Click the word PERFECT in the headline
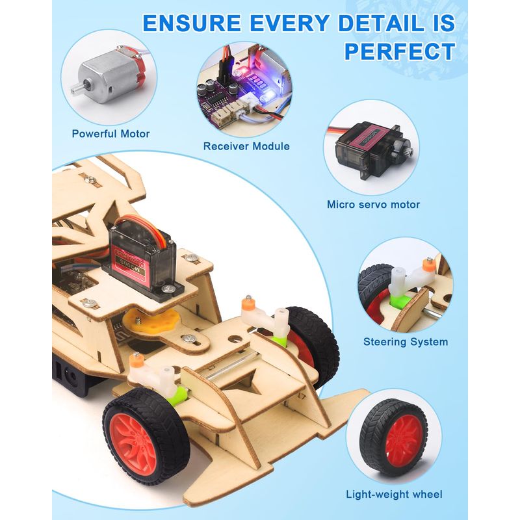click(x=400, y=51)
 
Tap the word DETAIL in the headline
click(x=381, y=23)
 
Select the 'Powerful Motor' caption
click(x=110, y=134)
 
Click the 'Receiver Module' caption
click(x=246, y=146)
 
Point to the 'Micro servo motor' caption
click(x=373, y=204)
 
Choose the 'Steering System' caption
click(x=406, y=342)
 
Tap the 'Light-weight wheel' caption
click(x=394, y=495)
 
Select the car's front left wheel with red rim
click(x=145, y=437)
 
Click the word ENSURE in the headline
click(x=192, y=23)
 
